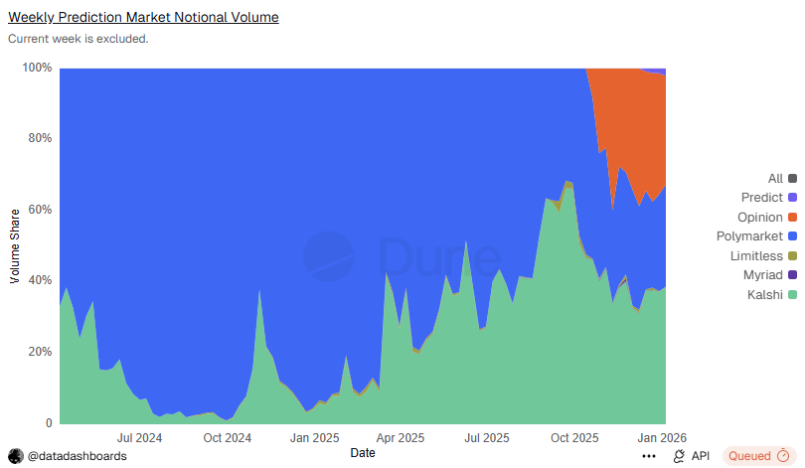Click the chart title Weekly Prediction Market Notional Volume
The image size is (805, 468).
143,18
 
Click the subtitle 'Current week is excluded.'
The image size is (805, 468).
79,39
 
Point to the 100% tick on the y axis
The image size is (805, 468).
37,68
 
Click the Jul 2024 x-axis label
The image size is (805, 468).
139,437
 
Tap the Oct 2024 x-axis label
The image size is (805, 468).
227,437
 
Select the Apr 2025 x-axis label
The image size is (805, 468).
401,437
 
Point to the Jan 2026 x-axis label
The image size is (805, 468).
661,437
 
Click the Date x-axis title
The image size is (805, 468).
363,453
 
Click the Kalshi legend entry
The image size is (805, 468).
762,294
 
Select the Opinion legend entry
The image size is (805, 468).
760,218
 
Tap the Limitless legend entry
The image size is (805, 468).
756,255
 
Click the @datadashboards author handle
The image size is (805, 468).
77,456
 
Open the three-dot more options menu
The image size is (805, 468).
649,456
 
